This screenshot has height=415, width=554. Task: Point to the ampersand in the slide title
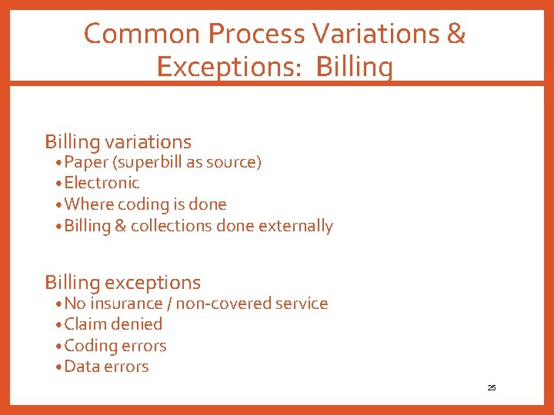tap(456, 34)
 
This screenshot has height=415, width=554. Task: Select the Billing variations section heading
tap(118, 141)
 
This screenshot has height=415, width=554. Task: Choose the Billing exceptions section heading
tap(122, 282)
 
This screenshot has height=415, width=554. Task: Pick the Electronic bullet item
tap(102, 183)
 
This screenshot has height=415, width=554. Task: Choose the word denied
tap(138, 324)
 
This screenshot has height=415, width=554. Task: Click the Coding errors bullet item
tap(115, 346)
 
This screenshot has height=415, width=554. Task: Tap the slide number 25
tap(492, 388)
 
